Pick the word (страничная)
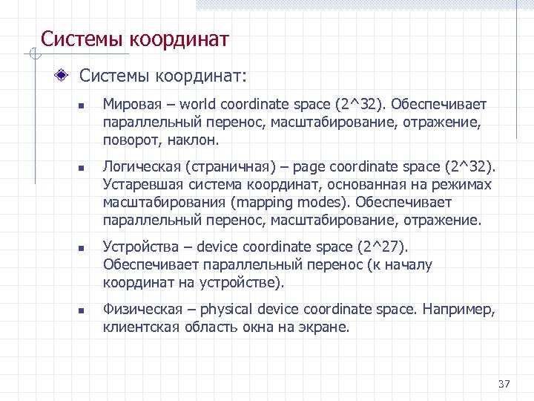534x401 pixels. (215, 167)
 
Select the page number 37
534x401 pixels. (504, 384)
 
